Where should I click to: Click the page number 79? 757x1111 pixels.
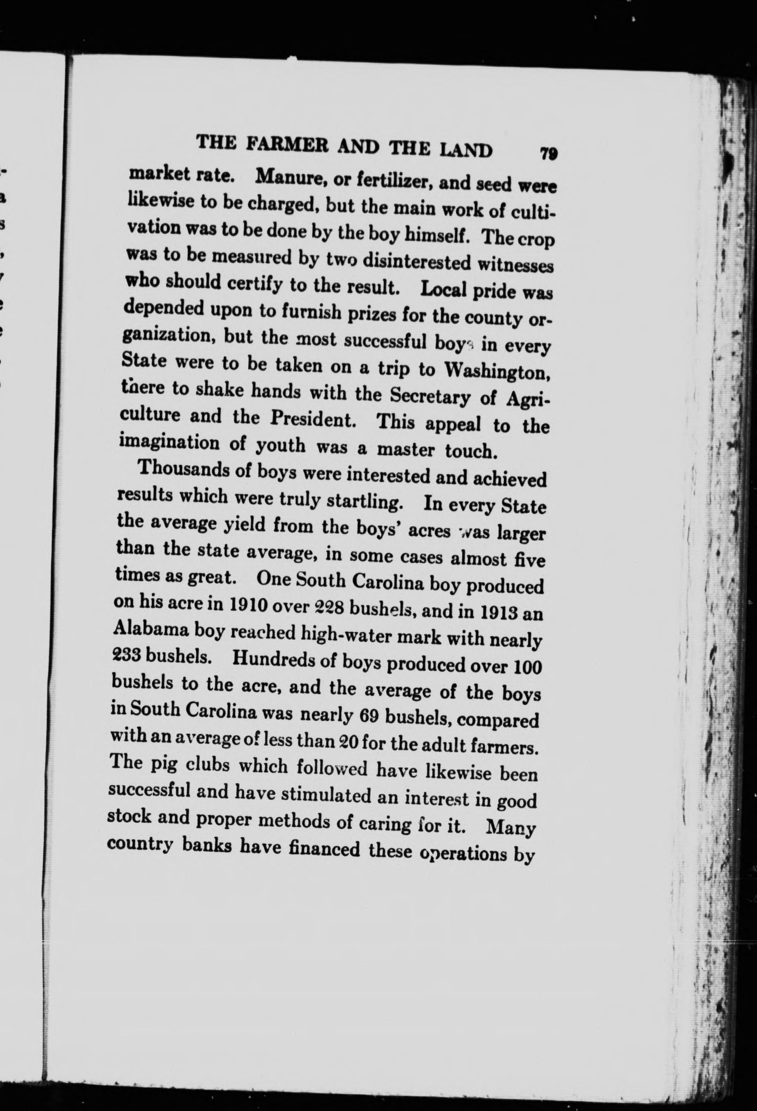click(x=549, y=155)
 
